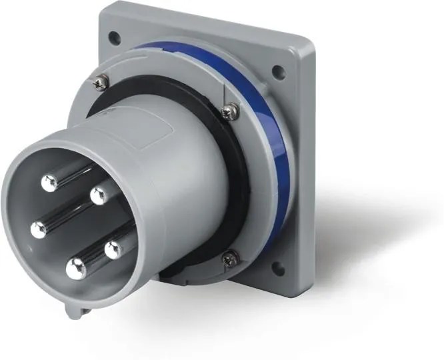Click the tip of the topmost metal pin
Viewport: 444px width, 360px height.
(x=49, y=183)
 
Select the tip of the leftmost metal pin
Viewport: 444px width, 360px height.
(x=39, y=229)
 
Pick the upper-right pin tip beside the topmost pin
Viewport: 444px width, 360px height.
(x=99, y=195)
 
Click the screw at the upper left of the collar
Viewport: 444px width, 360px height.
(x=99, y=83)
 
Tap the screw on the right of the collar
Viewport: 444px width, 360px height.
(x=230, y=111)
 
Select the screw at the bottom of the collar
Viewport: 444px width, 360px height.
(x=230, y=258)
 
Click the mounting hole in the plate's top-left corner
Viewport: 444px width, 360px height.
(x=115, y=38)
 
